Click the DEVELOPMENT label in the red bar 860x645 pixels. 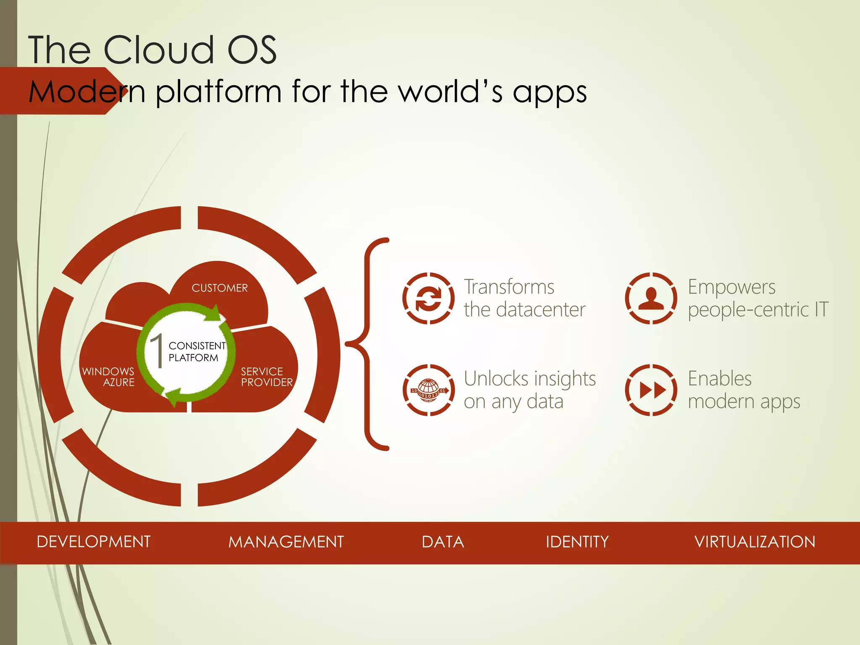[x=93, y=542]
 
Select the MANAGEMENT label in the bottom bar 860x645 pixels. [x=286, y=542]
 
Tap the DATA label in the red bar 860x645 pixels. [x=443, y=542]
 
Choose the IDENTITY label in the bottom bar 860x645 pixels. [x=577, y=542]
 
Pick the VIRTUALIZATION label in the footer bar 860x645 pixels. [x=755, y=542]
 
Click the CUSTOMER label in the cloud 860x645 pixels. [x=220, y=288]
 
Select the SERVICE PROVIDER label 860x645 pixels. [x=266, y=377]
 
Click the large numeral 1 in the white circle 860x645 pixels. [x=157, y=351]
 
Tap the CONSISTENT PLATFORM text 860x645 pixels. [x=197, y=351]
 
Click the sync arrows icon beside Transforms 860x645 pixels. [x=428, y=298]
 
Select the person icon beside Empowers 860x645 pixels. [x=651, y=298]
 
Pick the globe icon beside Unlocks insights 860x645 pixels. [x=428, y=390]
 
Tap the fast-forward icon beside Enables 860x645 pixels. [x=651, y=390]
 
